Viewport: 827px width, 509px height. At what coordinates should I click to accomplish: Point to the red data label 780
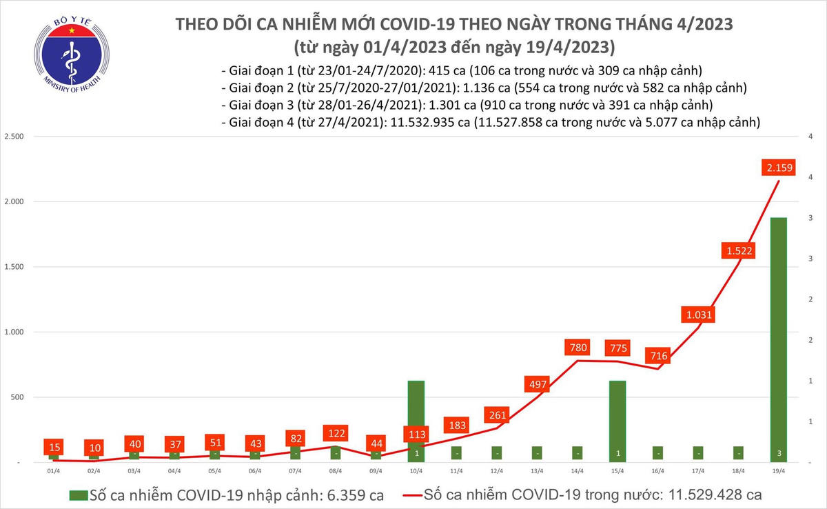tap(578, 347)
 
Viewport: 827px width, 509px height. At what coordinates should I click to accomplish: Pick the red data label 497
tap(537, 383)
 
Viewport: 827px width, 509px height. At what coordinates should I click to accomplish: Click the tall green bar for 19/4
tap(778, 338)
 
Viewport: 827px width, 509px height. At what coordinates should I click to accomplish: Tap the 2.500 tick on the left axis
tap(14, 137)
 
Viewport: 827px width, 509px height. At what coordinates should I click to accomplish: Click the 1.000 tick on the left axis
tap(14, 332)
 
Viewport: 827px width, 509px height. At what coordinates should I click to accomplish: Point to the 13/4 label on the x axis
tap(536, 471)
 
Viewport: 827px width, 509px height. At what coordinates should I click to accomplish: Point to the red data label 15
tap(54, 447)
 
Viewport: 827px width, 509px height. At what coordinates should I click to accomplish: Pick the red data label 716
tap(657, 356)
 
